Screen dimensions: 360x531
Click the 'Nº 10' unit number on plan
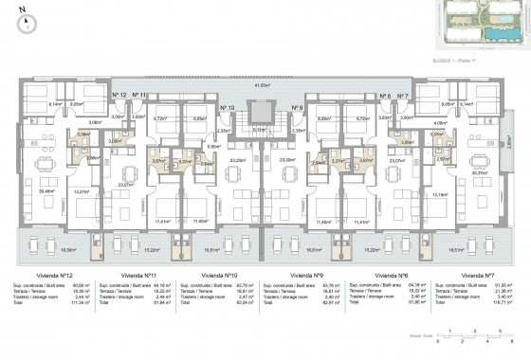pyautogui.click(x=228, y=108)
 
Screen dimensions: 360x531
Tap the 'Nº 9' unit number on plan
pyautogui.click(x=297, y=108)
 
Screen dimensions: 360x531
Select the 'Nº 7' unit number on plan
pyautogui.click(x=402, y=96)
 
